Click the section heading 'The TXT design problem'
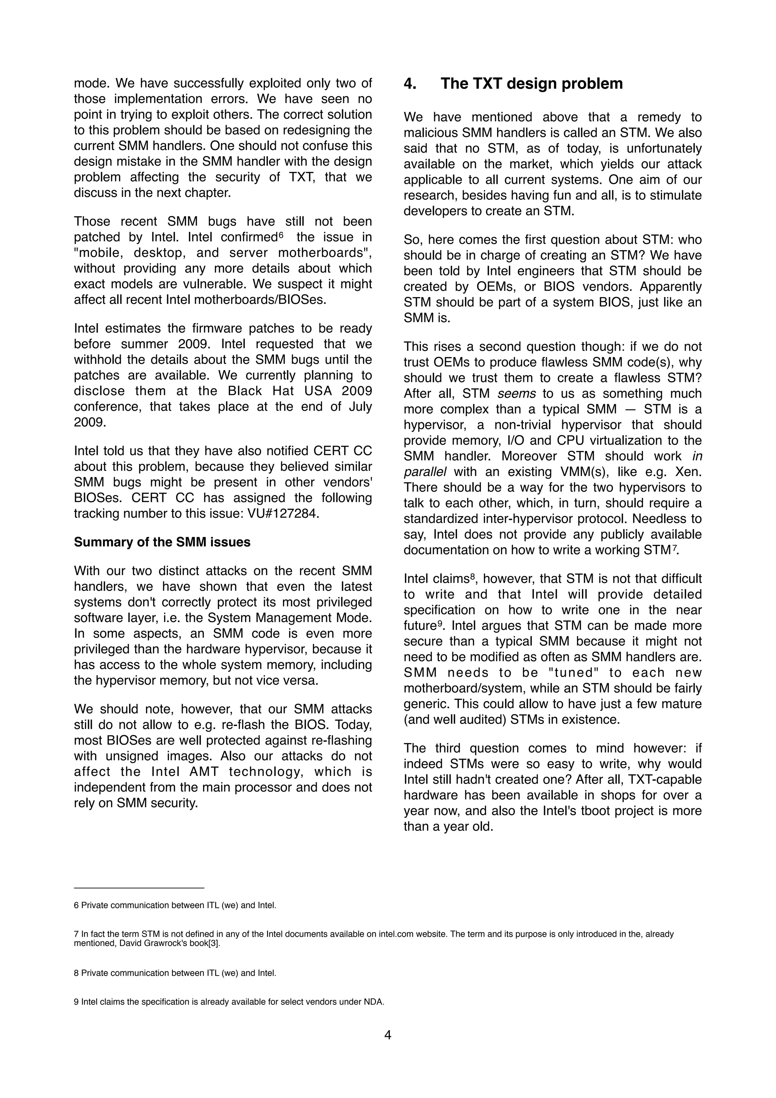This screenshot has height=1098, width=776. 531,84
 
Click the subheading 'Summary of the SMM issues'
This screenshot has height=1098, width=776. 162,542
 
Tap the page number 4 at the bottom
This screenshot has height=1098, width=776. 388,1035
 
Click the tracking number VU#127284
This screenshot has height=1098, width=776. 283,514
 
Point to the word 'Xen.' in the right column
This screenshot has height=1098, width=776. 688,472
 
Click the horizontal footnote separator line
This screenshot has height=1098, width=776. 139,888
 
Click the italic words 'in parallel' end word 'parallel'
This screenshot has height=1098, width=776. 425,472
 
